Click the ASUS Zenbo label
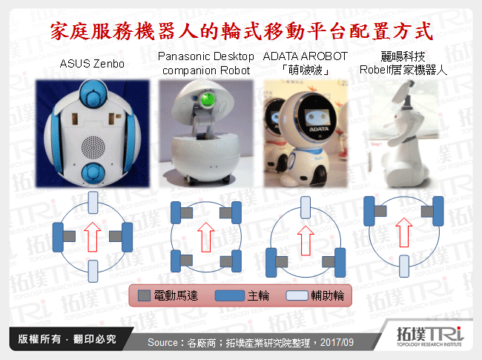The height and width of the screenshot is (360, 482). tap(92, 63)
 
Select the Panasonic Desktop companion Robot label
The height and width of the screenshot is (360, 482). tap(206, 63)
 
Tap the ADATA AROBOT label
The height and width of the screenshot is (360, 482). tap(306, 63)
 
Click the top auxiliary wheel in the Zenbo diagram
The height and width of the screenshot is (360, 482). tap(93, 200)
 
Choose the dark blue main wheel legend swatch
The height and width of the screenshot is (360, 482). tap(229, 295)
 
